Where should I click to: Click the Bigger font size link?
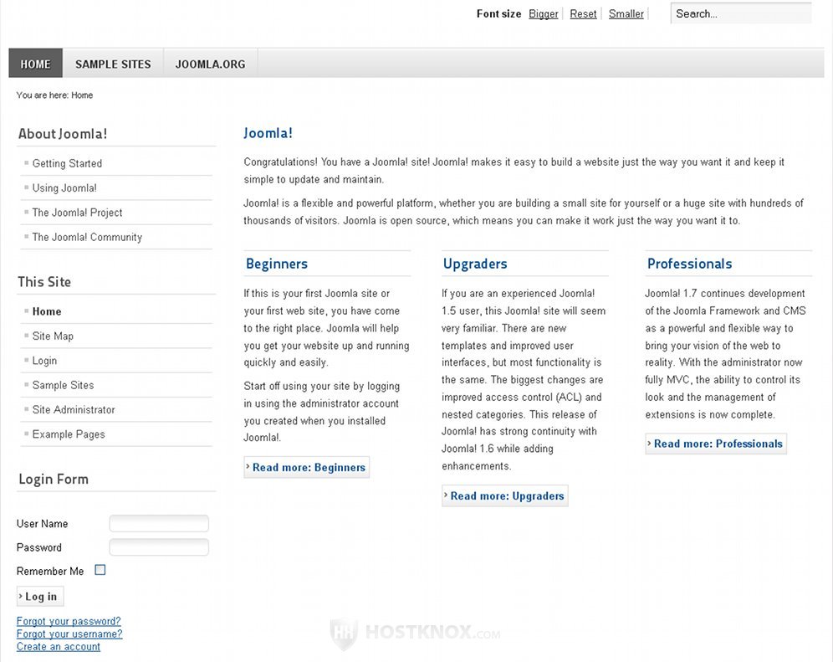pyautogui.click(x=543, y=13)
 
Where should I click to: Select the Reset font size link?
pyautogui.click(x=583, y=13)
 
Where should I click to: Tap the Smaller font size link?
pyautogui.click(x=626, y=13)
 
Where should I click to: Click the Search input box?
pyautogui.click(x=740, y=13)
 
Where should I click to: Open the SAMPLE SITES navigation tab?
pyautogui.click(x=113, y=64)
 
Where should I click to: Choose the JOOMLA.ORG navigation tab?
pyautogui.click(x=210, y=64)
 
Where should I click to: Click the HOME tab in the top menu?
pyautogui.click(x=35, y=64)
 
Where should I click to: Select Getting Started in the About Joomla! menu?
pyautogui.click(x=67, y=163)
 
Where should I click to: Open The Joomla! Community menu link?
pyautogui.click(x=87, y=237)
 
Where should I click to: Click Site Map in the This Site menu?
pyautogui.click(x=53, y=336)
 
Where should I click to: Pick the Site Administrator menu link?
pyautogui.click(x=74, y=409)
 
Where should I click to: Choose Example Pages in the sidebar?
pyautogui.click(x=69, y=434)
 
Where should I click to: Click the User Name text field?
pyautogui.click(x=159, y=524)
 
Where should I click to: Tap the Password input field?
pyautogui.click(x=159, y=547)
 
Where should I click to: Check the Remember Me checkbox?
pyautogui.click(x=100, y=570)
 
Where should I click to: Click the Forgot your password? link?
pyautogui.click(x=69, y=621)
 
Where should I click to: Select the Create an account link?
pyautogui.click(x=59, y=646)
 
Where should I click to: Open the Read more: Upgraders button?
pyautogui.click(x=505, y=495)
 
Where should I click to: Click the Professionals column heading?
pyautogui.click(x=689, y=264)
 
